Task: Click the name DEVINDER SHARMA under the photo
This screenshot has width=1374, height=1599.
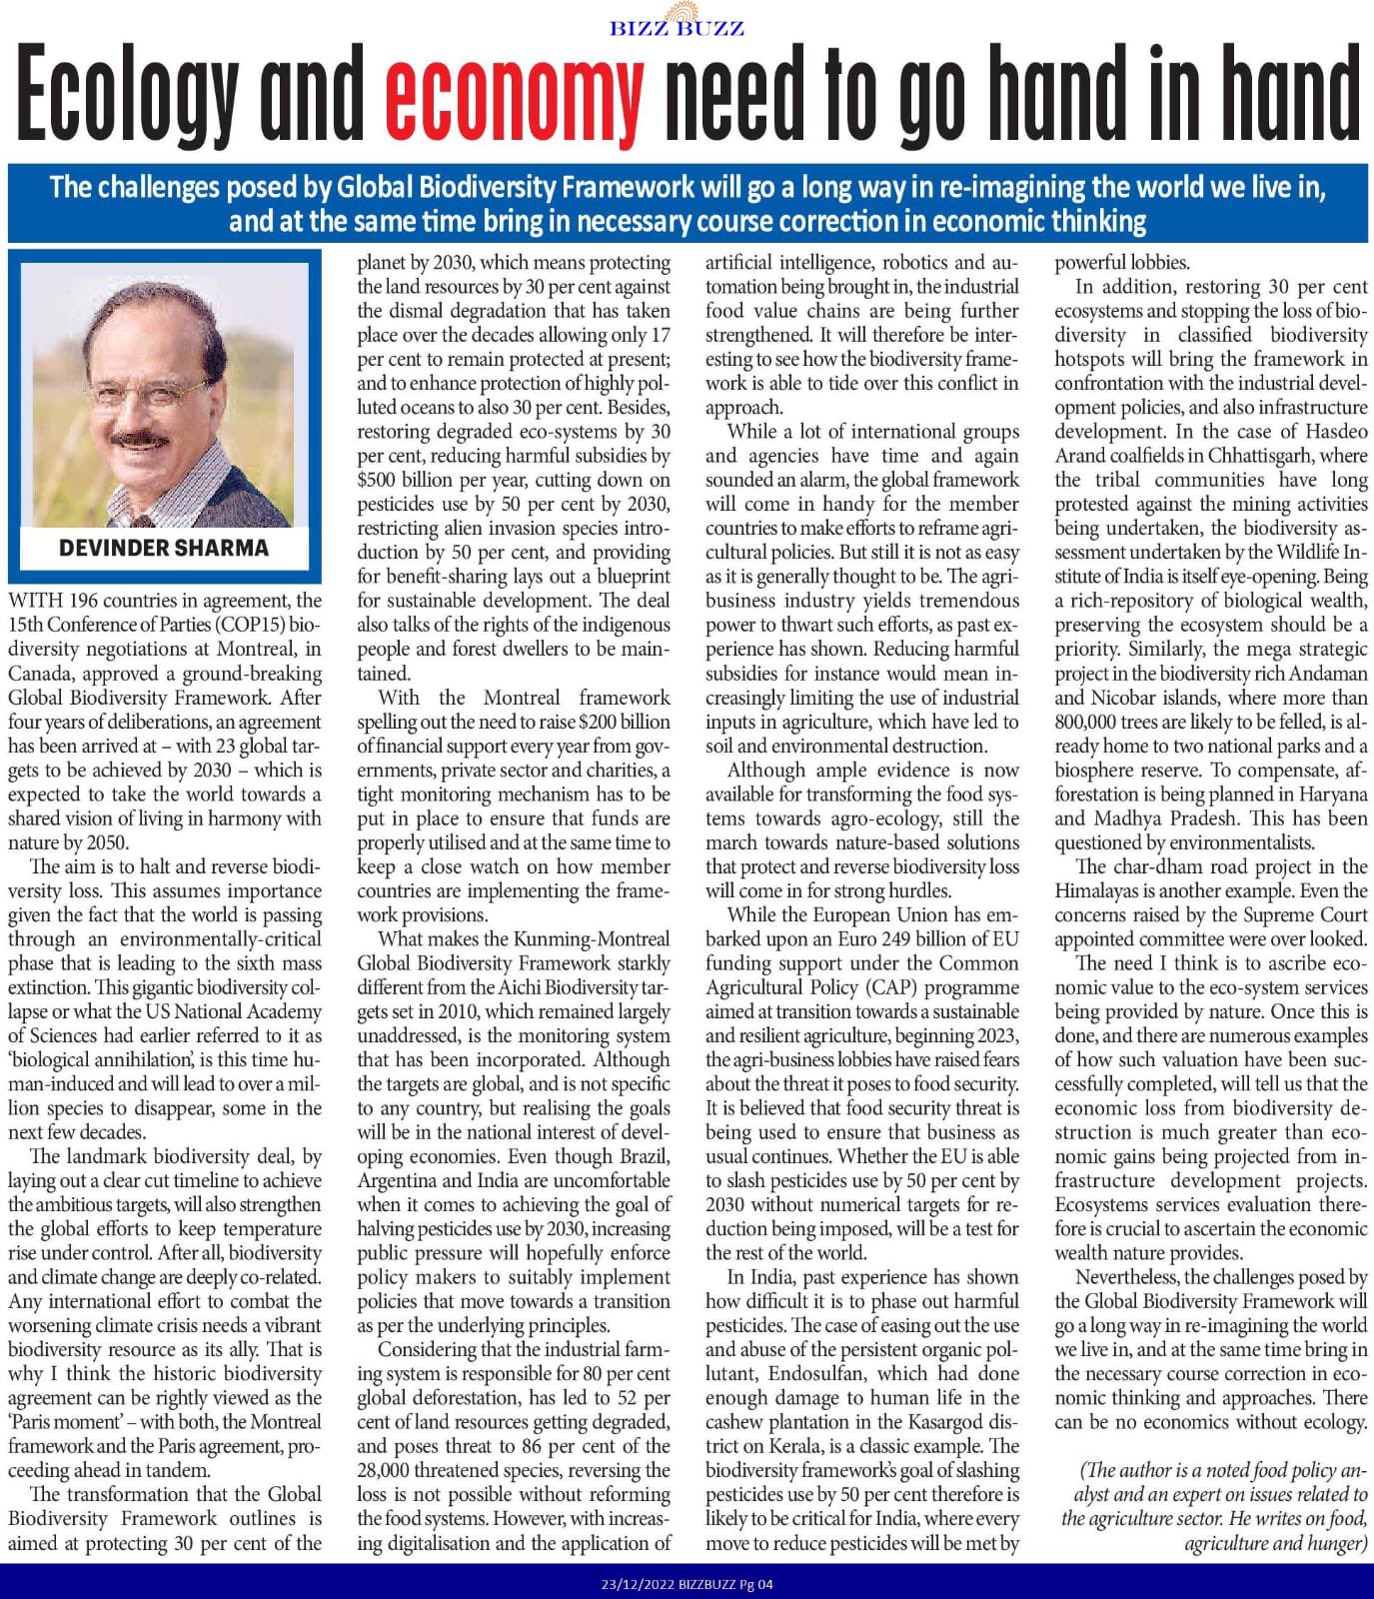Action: click(164, 548)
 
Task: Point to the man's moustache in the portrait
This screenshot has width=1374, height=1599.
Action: click(140, 438)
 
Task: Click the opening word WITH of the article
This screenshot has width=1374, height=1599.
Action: click(34, 601)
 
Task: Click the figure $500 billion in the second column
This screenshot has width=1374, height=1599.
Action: click(408, 480)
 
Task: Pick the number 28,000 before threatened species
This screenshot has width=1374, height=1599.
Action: click(391, 1470)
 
